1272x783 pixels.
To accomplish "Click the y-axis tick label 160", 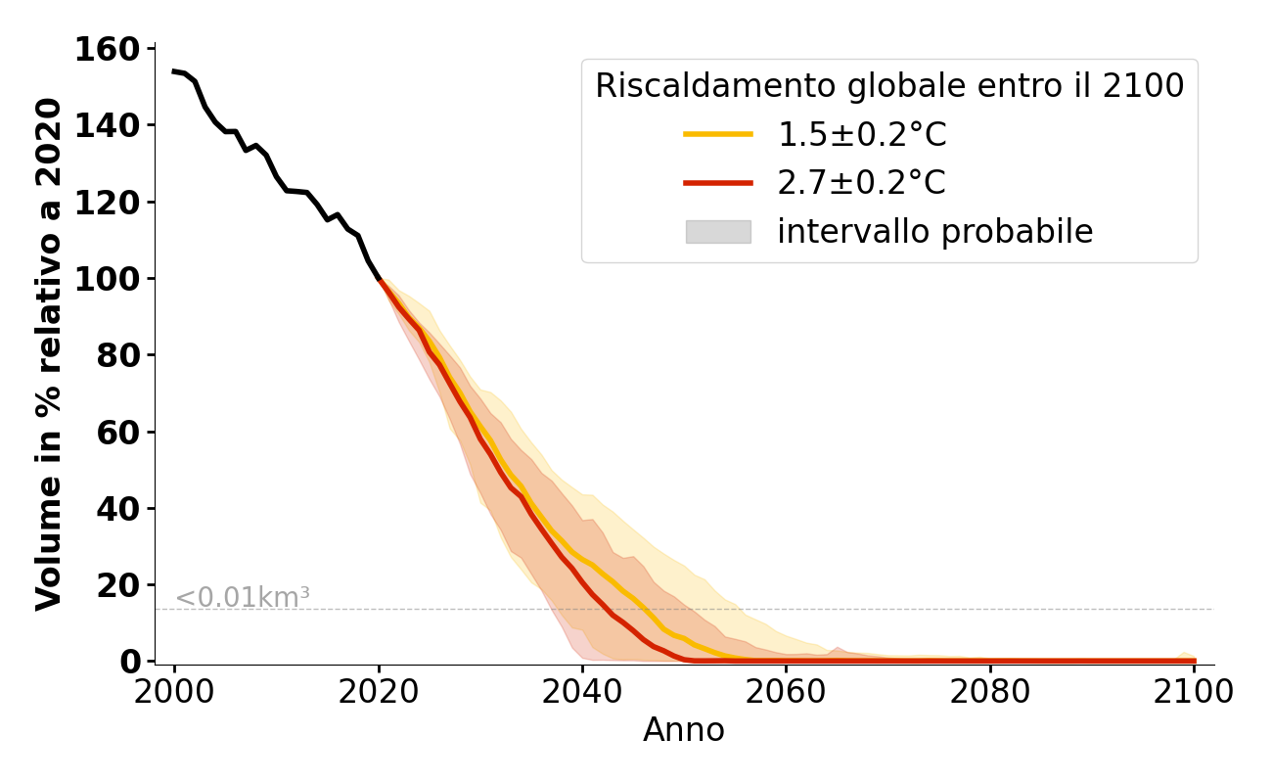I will pos(108,49).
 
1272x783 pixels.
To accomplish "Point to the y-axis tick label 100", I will pos(108,279).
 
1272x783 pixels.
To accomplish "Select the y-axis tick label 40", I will pos(118,509).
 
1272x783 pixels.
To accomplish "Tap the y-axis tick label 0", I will pos(130,662).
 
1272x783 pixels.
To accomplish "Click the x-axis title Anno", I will pos(684,730).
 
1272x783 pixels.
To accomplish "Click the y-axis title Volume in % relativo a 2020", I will pos(49,354).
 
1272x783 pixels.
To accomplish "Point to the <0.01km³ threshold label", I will pos(242,597).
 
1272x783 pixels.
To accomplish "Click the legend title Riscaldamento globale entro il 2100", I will pos(889,86).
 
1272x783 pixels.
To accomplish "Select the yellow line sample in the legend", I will pos(718,134).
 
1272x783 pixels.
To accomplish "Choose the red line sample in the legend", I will pos(718,183).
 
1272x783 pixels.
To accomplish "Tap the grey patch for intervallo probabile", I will pos(718,232).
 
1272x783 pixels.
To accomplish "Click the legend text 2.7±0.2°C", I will pos(862,183).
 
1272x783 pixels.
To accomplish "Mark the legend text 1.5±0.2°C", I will pos(862,134).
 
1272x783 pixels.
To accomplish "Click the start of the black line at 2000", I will pos(174,70).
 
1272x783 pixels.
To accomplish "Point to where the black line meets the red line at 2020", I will pos(379,280).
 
